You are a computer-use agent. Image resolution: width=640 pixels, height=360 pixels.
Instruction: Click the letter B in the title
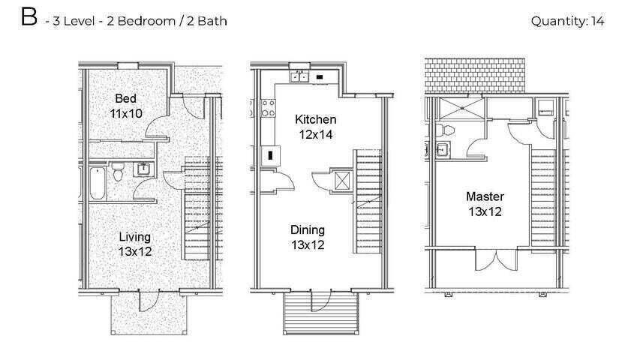[29, 19]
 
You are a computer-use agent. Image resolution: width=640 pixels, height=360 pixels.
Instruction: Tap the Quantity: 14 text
[567, 21]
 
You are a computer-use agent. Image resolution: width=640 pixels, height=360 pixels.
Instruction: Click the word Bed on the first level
[125, 98]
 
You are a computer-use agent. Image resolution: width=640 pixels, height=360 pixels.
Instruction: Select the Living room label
[135, 237]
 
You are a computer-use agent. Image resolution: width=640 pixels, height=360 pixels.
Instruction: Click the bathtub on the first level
[97, 183]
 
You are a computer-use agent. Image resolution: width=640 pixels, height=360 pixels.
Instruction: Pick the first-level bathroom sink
[143, 170]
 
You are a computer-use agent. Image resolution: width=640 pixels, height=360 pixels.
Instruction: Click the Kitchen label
[315, 119]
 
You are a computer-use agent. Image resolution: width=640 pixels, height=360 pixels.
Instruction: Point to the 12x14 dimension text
[315, 134]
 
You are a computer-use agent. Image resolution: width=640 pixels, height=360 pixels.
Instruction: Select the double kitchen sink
[299, 76]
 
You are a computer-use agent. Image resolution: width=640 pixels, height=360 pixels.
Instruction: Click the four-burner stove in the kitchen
[268, 108]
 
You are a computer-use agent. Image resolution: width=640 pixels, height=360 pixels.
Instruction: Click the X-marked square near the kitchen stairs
[341, 181]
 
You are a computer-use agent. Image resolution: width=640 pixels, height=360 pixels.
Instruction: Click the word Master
[485, 196]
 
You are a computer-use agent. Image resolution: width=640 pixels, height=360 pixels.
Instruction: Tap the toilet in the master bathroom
[446, 129]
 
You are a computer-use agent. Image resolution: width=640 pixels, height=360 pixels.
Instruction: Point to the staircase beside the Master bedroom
[542, 195]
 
